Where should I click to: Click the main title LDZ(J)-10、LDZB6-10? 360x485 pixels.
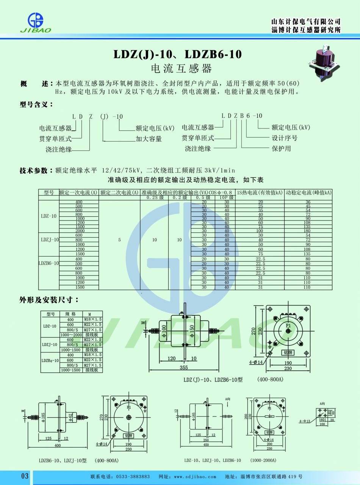[177, 54]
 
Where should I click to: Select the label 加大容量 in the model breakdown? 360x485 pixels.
[149, 139]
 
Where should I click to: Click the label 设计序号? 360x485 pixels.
[285, 138]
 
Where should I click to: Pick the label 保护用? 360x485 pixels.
[281, 149]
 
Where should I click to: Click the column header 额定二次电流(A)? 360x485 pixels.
[119, 192]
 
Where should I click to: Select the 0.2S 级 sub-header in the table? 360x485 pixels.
[154, 197]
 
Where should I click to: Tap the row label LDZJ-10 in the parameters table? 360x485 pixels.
[50, 240]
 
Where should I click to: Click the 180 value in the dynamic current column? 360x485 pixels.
[308, 231]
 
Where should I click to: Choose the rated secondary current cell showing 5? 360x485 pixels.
[119, 240]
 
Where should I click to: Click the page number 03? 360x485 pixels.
[25, 476]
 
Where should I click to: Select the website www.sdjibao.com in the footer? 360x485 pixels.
[195, 477]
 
